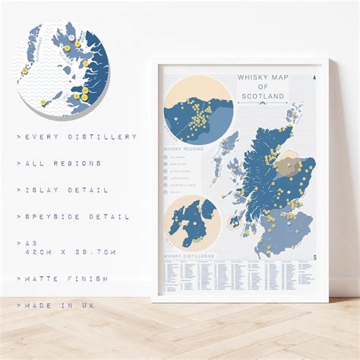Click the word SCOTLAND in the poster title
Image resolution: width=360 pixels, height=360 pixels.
pos(262,96)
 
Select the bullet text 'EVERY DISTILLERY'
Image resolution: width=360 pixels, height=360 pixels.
pos(80,137)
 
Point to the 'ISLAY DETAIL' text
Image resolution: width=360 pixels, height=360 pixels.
pos(65,190)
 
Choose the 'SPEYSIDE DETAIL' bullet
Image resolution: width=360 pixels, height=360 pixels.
pos(75,216)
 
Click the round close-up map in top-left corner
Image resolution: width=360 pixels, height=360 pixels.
pos(63,69)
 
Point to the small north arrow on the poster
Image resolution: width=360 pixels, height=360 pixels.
pos(313,77)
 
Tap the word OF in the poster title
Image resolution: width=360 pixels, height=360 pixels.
pos(262,87)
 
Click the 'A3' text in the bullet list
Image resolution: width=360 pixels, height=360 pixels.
pos(30,243)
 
